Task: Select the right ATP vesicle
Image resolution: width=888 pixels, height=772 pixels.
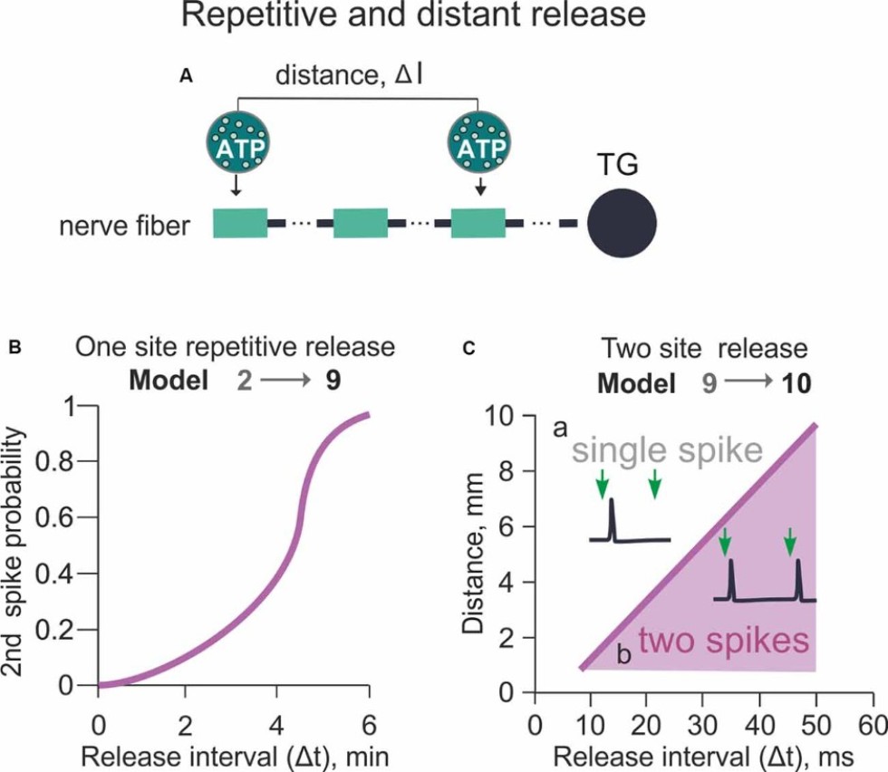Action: click(x=479, y=142)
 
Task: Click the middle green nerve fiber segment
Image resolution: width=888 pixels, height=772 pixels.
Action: click(x=361, y=223)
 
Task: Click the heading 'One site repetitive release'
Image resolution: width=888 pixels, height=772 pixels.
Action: click(x=235, y=348)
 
